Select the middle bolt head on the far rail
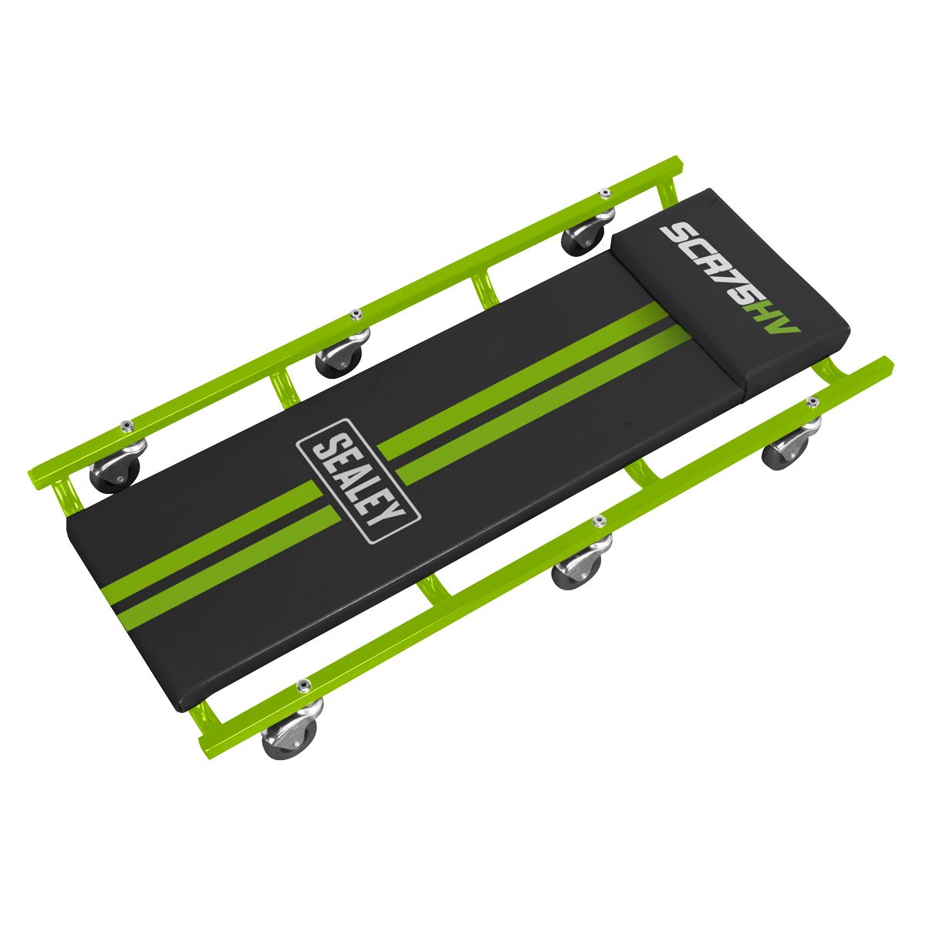tap(356, 313)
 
